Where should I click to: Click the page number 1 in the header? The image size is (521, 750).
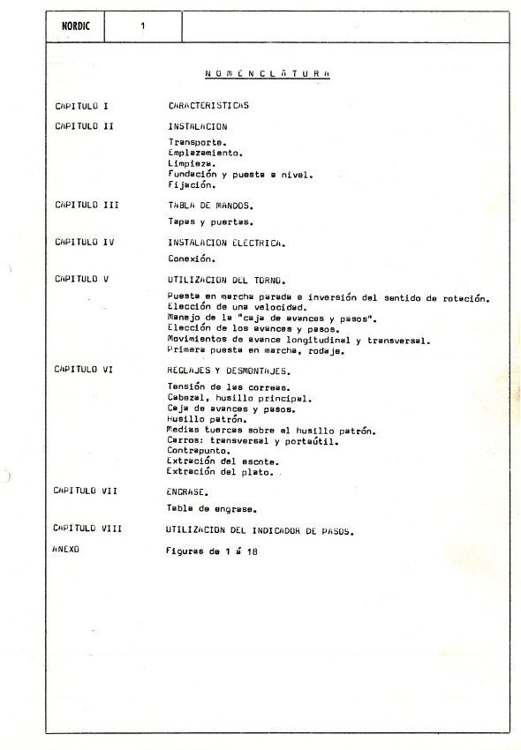tap(142, 26)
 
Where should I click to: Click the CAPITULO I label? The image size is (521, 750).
tap(82, 106)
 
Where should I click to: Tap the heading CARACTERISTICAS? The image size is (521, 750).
tap(208, 106)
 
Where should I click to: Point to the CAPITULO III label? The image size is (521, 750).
tap(87, 205)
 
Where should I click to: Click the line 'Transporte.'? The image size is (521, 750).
tap(197, 141)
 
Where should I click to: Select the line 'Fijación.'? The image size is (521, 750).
tap(192, 185)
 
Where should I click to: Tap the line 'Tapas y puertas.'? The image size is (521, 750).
tap(210, 222)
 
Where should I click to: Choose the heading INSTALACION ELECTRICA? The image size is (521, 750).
tap(226, 242)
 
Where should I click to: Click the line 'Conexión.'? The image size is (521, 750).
tap(192, 259)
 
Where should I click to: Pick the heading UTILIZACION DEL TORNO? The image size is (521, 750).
tap(225, 279)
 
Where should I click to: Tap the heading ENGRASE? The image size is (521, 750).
tap(187, 491)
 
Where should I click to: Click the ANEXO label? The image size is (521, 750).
tap(67, 550)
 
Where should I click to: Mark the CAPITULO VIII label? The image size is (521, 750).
tap(87, 529)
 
